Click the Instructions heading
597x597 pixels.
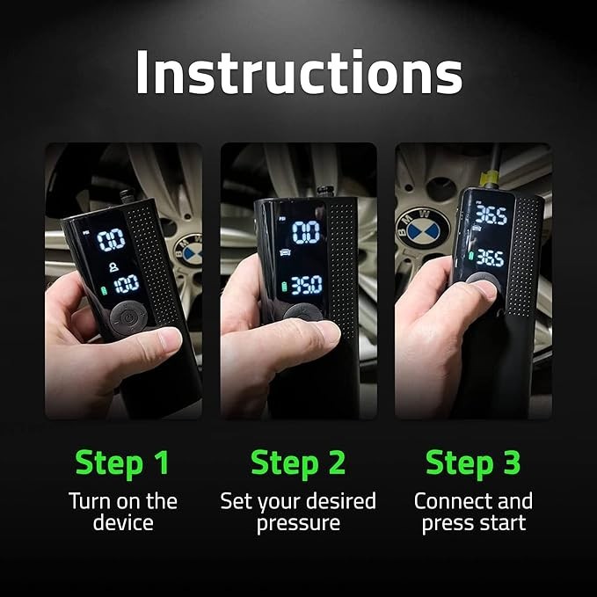tap(298, 73)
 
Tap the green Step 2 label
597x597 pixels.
tap(298, 462)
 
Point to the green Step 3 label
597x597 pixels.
tap(473, 462)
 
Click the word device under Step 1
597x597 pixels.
tap(124, 524)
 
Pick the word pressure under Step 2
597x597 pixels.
tap(298, 524)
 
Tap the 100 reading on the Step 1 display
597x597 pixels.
tap(125, 283)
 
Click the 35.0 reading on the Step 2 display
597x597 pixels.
tap(307, 285)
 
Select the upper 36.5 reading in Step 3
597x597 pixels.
tap(490, 215)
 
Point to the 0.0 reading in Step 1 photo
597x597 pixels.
tap(111, 239)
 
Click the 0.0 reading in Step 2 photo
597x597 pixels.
tap(306, 232)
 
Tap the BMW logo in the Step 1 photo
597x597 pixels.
tap(188, 249)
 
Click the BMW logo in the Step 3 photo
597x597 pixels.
tap(422, 230)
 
